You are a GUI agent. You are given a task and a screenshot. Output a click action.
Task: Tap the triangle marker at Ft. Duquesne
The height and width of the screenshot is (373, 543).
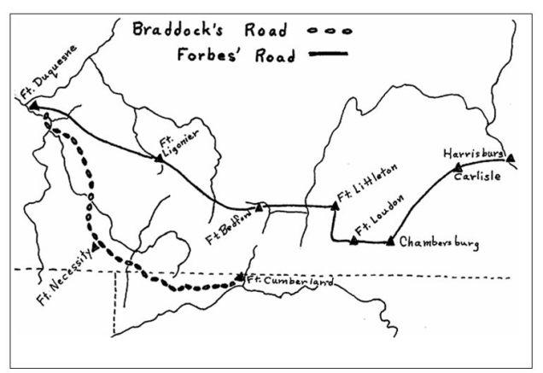pos(33,106)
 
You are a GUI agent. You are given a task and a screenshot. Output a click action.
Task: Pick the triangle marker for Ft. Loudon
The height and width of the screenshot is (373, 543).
pos(353,241)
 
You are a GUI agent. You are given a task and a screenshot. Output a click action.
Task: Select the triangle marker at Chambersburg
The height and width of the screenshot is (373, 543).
pos(390,242)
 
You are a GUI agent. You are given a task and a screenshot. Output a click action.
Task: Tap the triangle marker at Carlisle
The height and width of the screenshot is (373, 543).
pos(458,166)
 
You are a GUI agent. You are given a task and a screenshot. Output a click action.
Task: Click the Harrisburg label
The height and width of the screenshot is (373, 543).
pos(473,154)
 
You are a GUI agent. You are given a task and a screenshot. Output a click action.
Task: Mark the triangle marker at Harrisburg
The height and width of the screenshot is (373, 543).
pos(510,157)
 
